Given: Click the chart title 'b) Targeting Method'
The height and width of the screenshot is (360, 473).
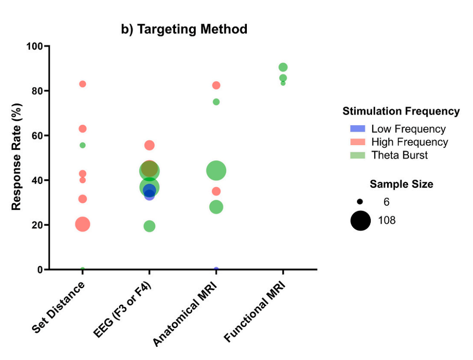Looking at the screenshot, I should pos(184,30).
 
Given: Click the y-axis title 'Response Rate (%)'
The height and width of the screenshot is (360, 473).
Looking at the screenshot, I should pos(16,158).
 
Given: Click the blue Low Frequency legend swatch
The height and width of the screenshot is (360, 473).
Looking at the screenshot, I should pos(358,129).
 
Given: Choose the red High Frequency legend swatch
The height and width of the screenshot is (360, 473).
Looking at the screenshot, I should pos(358,142).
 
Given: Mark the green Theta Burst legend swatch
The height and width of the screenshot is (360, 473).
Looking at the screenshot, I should pos(358,155).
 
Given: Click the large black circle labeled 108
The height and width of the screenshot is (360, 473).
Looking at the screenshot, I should pos(361,221).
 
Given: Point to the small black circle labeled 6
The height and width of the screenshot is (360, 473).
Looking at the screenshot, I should pos(360,202).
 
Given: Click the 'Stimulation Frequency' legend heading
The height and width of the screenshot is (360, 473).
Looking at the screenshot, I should pos(401,111).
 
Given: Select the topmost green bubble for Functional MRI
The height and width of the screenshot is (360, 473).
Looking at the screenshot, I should pos(283,67).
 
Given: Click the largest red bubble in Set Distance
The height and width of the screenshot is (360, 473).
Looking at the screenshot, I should pos(82,224).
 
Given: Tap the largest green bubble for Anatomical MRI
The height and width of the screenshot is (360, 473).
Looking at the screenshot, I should pos(216,171).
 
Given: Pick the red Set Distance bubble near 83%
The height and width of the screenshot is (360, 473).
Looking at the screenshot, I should pos(82,84).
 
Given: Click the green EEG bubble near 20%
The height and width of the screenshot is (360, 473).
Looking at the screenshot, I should pos(149,226).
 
